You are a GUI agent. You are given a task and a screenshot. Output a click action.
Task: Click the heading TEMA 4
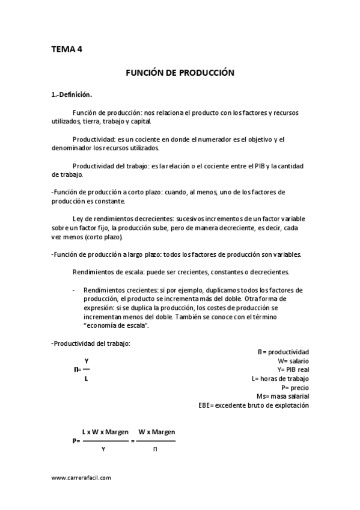click(x=67, y=50)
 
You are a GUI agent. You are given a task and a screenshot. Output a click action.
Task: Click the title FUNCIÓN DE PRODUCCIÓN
click(x=179, y=72)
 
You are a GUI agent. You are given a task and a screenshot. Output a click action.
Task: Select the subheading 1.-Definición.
click(x=72, y=94)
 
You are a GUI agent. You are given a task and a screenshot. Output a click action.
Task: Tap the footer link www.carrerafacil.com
click(x=81, y=477)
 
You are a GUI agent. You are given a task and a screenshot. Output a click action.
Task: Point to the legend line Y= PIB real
click(x=293, y=369)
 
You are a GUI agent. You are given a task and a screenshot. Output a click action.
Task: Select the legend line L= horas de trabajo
click(x=280, y=378)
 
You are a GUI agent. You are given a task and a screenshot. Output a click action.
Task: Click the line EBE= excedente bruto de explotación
click(x=253, y=405)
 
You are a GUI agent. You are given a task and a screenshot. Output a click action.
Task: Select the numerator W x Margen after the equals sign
click(x=156, y=432)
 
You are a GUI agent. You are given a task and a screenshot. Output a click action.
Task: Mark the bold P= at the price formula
click(x=76, y=441)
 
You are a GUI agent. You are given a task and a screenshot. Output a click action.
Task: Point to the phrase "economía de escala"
click(x=116, y=325)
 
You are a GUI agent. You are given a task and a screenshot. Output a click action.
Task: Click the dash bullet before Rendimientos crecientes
click(x=73, y=290)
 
